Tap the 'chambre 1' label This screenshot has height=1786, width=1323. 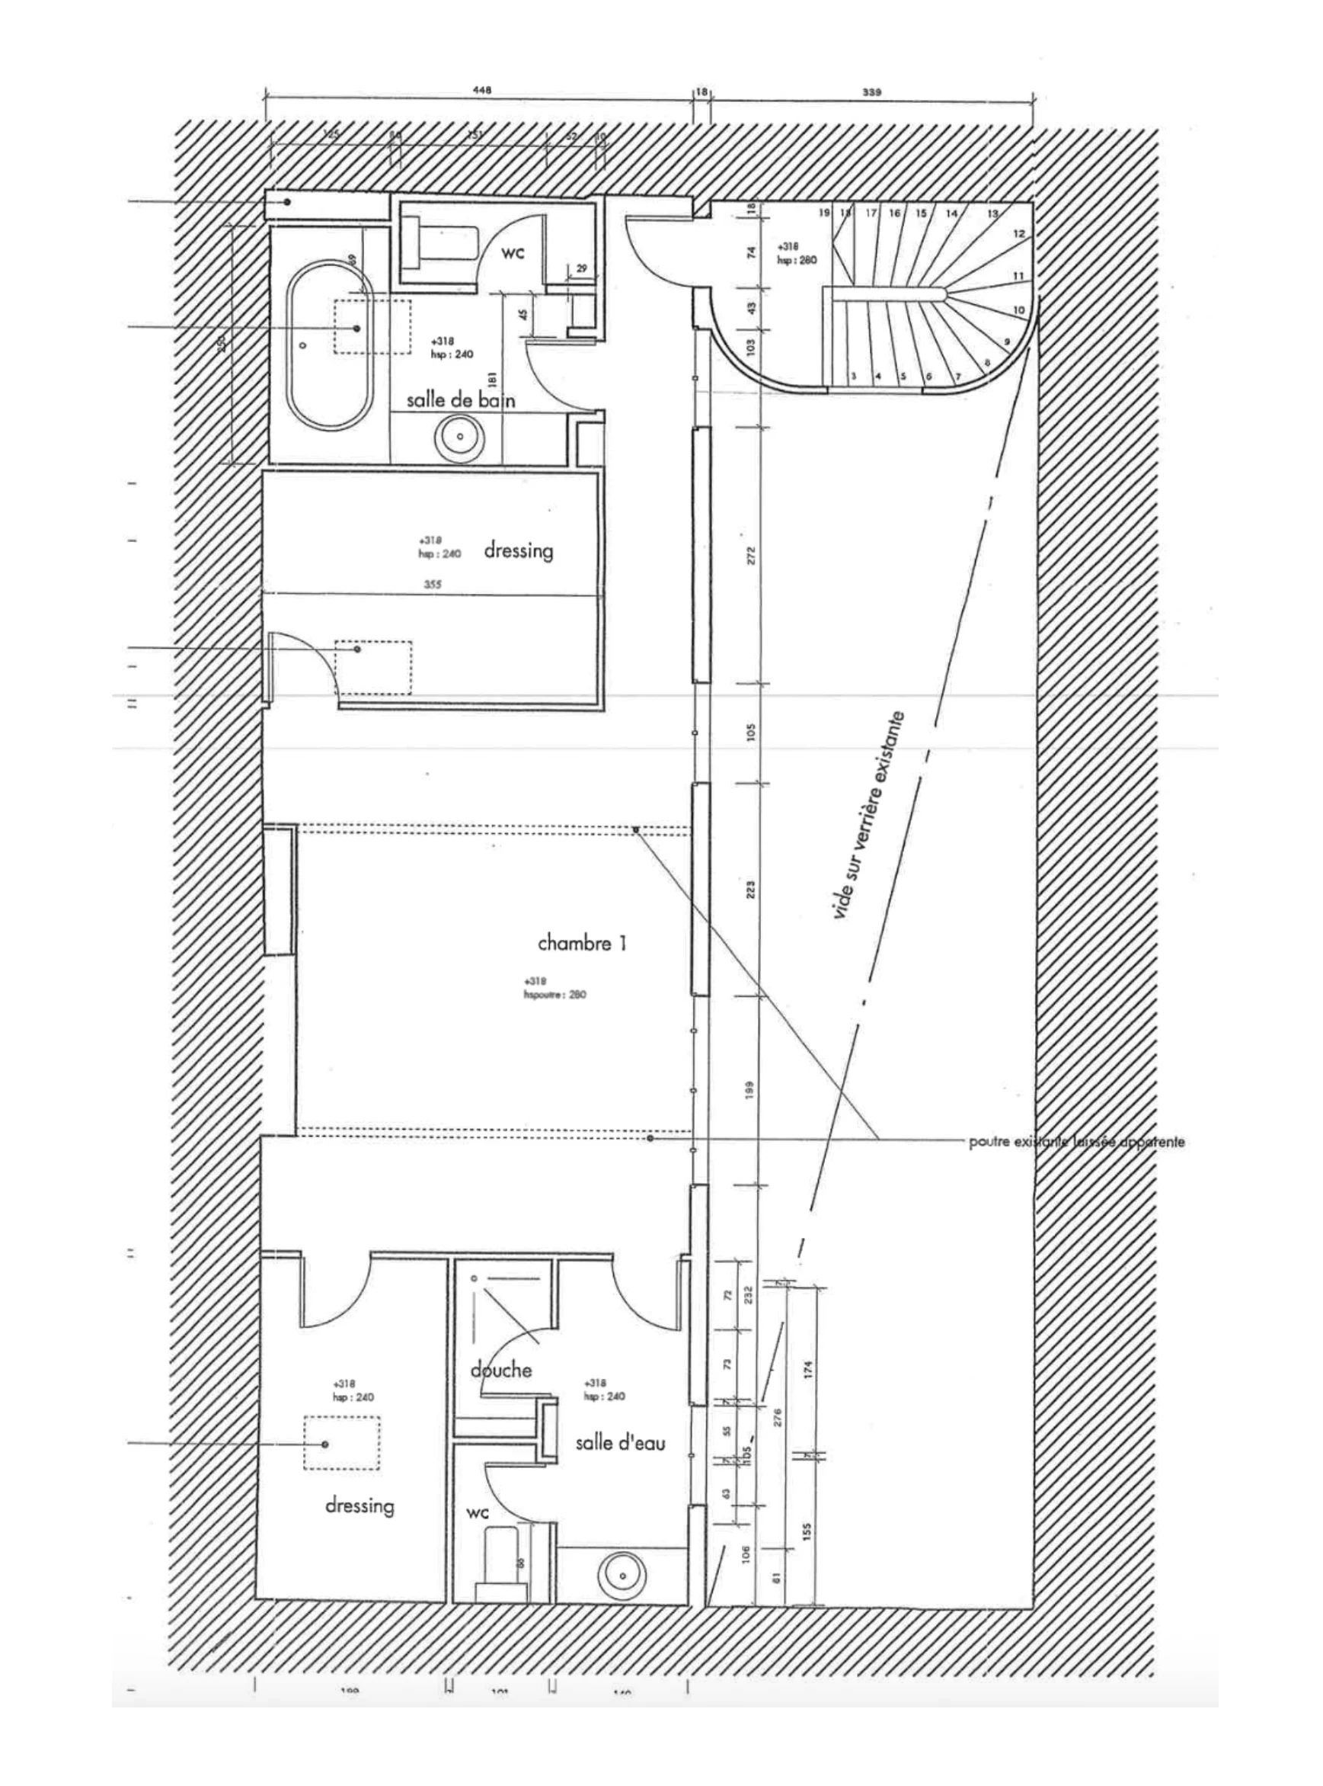click(581, 943)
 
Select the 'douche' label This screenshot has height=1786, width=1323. click(500, 1369)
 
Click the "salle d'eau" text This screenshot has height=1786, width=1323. click(621, 1442)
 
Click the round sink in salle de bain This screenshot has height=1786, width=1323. click(461, 437)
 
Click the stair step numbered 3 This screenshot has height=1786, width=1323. click(854, 376)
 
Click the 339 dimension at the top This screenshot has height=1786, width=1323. click(871, 92)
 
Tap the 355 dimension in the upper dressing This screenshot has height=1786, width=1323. click(433, 585)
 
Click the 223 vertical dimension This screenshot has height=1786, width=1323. click(750, 890)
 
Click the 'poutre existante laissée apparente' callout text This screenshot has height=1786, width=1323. click(1076, 1142)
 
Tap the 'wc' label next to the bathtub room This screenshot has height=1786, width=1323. click(513, 253)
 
